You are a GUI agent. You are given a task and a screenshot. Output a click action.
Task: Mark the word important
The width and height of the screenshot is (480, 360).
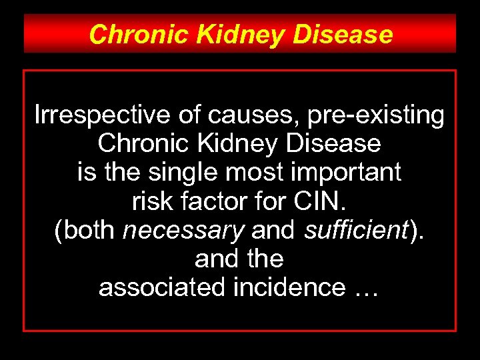346,173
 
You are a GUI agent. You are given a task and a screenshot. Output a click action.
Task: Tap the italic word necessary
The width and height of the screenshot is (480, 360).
184,230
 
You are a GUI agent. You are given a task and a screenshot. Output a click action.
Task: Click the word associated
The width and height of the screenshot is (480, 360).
153,287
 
